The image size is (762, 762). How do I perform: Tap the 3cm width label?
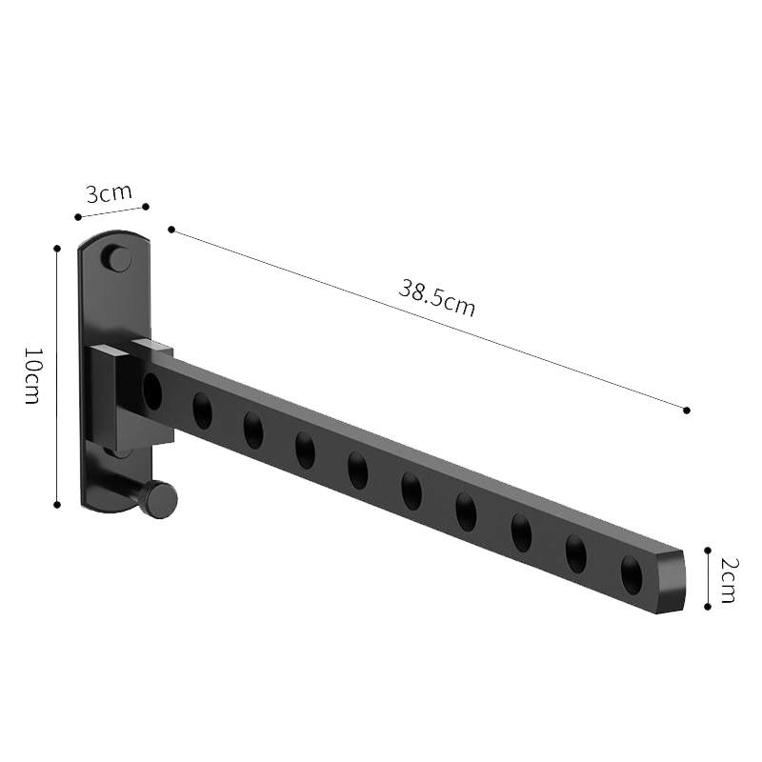coord(109,193)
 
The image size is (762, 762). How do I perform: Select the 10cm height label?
coord(30,375)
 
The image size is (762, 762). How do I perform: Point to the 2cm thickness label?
coord(728,579)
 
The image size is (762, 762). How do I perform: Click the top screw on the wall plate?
coord(117,258)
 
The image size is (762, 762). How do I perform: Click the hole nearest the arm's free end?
coord(632,574)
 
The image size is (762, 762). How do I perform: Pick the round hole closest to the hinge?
coord(152,391)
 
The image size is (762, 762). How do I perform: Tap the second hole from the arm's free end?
coord(576,553)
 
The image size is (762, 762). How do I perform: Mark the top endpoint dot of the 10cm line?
coord(58,248)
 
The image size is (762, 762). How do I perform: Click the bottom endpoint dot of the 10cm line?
coord(58,504)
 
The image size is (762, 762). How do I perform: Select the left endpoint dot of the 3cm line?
coord(78,217)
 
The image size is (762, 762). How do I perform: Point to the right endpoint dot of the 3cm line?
coord(146,206)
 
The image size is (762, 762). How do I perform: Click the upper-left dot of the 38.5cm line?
coord(171,230)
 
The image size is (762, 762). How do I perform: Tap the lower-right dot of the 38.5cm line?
coord(687,410)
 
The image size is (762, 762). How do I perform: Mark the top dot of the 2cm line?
coord(708,550)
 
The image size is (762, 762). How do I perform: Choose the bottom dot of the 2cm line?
coord(708,607)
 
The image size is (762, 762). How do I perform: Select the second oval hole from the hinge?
coord(202,411)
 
